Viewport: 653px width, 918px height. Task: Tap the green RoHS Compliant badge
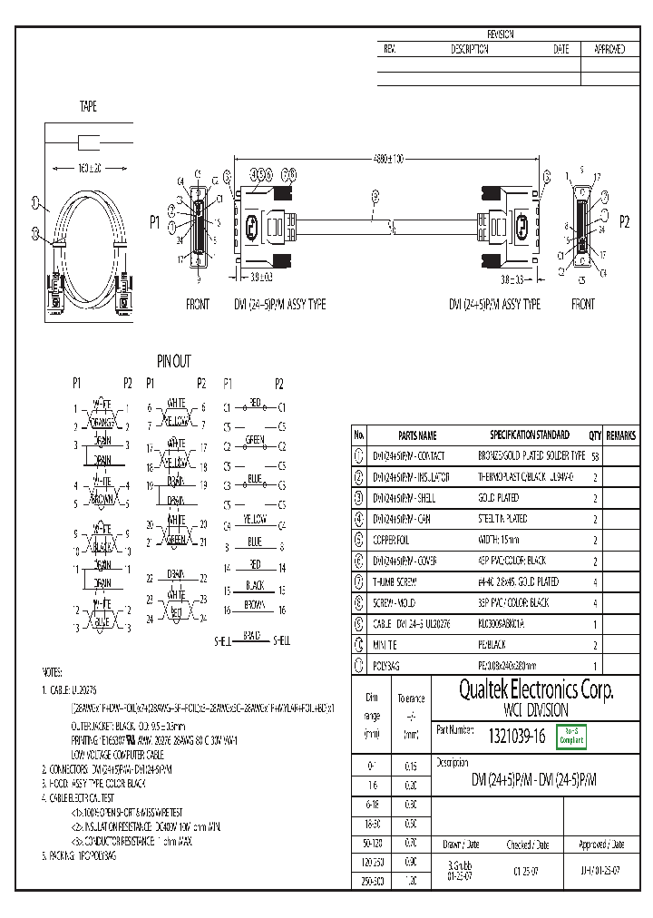(x=572, y=736)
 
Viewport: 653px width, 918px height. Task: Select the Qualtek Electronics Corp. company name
(x=522, y=690)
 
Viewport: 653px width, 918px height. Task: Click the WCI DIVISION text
(x=522, y=710)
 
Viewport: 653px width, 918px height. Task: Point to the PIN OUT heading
(x=174, y=362)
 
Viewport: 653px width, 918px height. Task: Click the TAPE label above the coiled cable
(x=88, y=107)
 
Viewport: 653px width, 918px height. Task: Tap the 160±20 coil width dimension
(x=88, y=168)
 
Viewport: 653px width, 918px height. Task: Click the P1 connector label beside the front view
(x=154, y=221)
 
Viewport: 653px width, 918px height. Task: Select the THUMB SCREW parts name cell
(x=395, y=581)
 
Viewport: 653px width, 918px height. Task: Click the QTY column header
(x=595, y=435)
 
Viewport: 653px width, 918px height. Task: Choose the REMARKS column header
(x=621, y=435)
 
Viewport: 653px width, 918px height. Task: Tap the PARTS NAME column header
(x=416, y=435)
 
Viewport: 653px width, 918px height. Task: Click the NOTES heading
(x=53, y=672)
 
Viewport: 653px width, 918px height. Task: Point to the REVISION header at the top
(x=501, y=34)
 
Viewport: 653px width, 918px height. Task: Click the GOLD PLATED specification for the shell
(x=498, y=498)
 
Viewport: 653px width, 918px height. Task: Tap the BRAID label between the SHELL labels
(x=251, y=635)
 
